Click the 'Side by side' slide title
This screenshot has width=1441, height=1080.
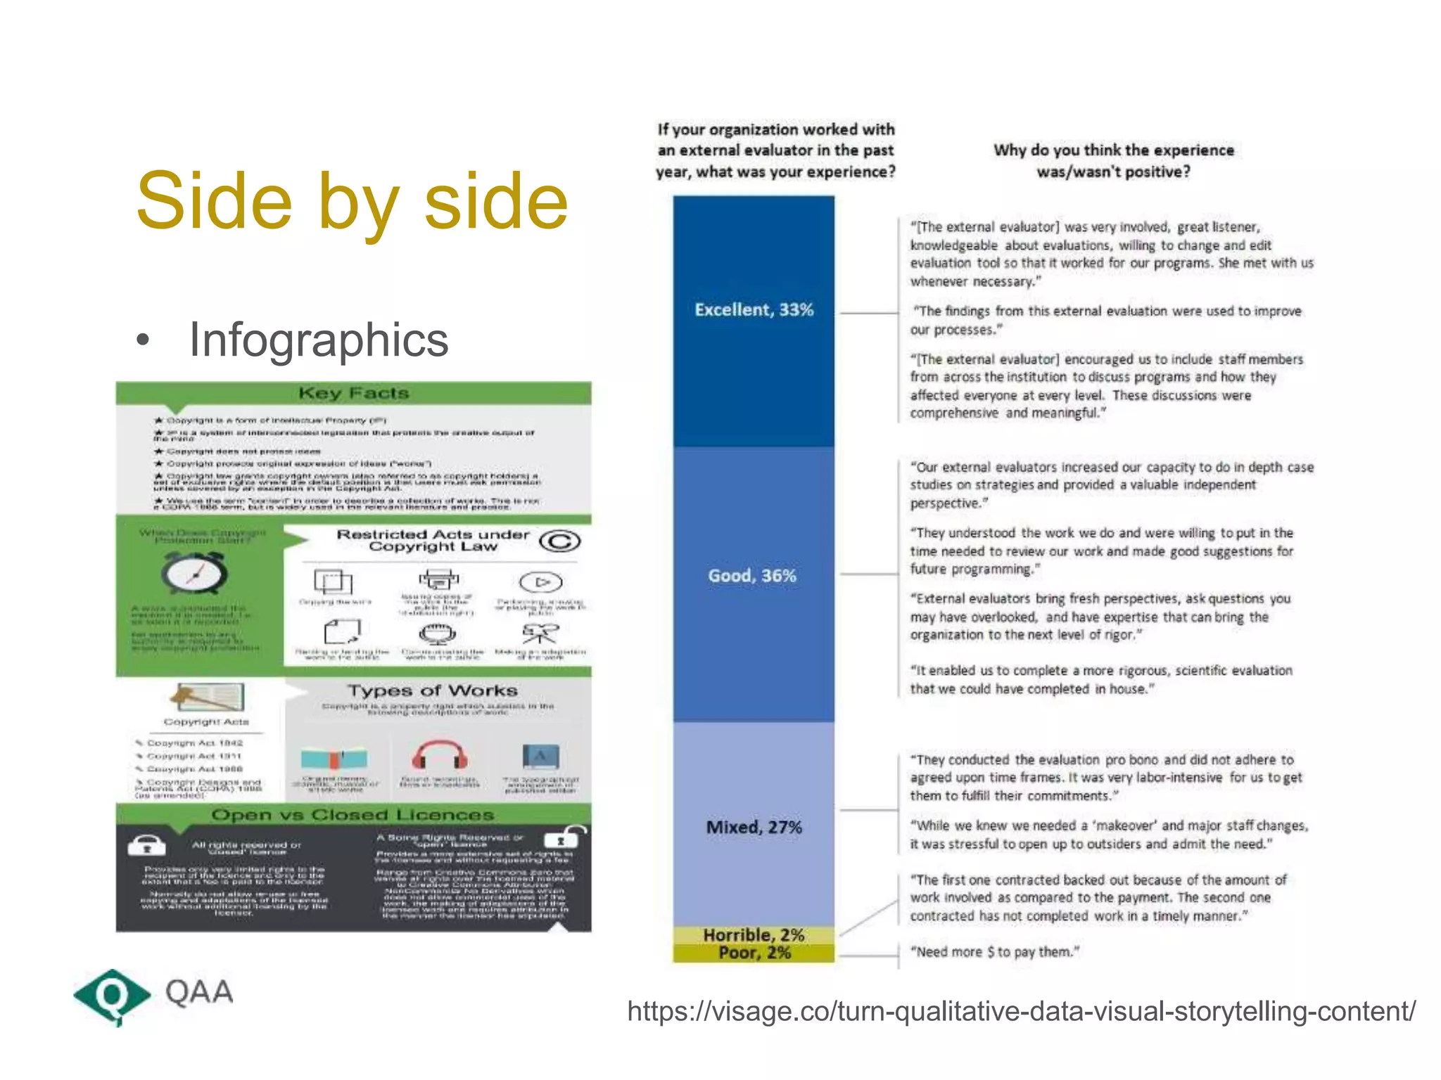352,202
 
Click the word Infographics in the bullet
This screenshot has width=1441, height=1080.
318,340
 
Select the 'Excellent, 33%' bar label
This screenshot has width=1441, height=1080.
754,310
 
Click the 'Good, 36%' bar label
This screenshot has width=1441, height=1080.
752,576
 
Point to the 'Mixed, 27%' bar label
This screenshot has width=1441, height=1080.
754,827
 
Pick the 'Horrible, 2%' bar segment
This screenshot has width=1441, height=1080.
754,935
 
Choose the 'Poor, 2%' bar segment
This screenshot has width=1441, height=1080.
754,953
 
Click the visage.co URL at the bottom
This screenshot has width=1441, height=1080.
1021,1012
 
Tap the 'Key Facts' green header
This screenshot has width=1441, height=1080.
353,393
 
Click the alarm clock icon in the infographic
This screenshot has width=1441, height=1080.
194,573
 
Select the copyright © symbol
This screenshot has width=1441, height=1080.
559,541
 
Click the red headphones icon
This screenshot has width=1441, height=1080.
440,756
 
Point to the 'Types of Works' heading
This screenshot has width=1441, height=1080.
432,690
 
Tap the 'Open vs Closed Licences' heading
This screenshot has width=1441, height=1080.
353,815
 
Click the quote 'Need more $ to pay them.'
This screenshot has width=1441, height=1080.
994,952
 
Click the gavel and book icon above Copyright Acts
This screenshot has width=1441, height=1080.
206,697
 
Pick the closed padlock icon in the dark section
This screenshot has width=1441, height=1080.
146,845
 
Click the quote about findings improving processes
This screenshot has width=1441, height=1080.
1105,320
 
